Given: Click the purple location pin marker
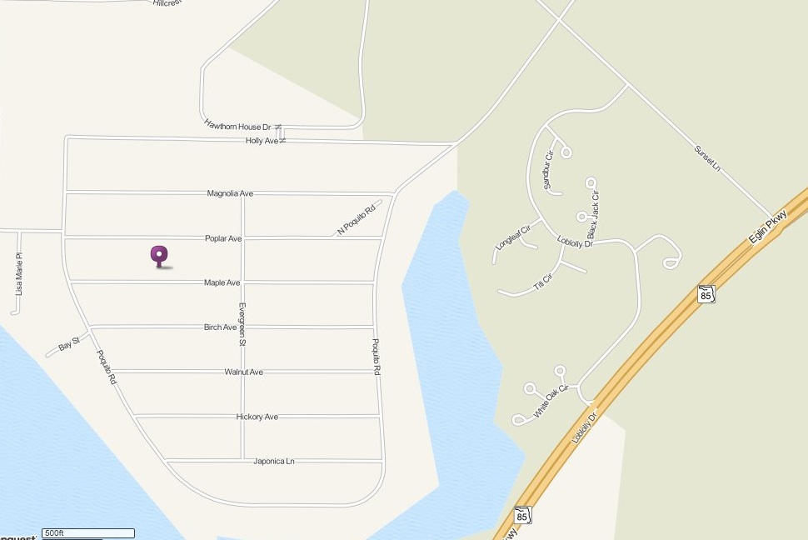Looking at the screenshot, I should (159, 256).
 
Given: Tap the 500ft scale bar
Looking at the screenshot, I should (88, 532).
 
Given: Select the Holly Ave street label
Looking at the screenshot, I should (262, 142).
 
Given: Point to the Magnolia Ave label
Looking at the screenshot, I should (230, 193).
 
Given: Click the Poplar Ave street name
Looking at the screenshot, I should (223, 238).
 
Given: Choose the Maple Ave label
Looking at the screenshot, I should (222, 283).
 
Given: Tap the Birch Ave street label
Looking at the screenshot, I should (220, 327).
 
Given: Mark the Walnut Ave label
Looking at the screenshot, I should (243, 372).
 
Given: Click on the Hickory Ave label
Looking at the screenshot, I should (257, 417).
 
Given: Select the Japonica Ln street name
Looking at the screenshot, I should (274, 461).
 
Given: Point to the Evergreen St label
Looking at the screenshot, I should (242, 324).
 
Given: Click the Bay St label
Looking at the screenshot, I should (68, 342).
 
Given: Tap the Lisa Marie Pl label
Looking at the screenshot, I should (19, 275).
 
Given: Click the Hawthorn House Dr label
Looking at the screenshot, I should (238, 126).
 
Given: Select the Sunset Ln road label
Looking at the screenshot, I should (707, 159).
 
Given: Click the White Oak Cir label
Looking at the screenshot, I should (551, 401).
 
